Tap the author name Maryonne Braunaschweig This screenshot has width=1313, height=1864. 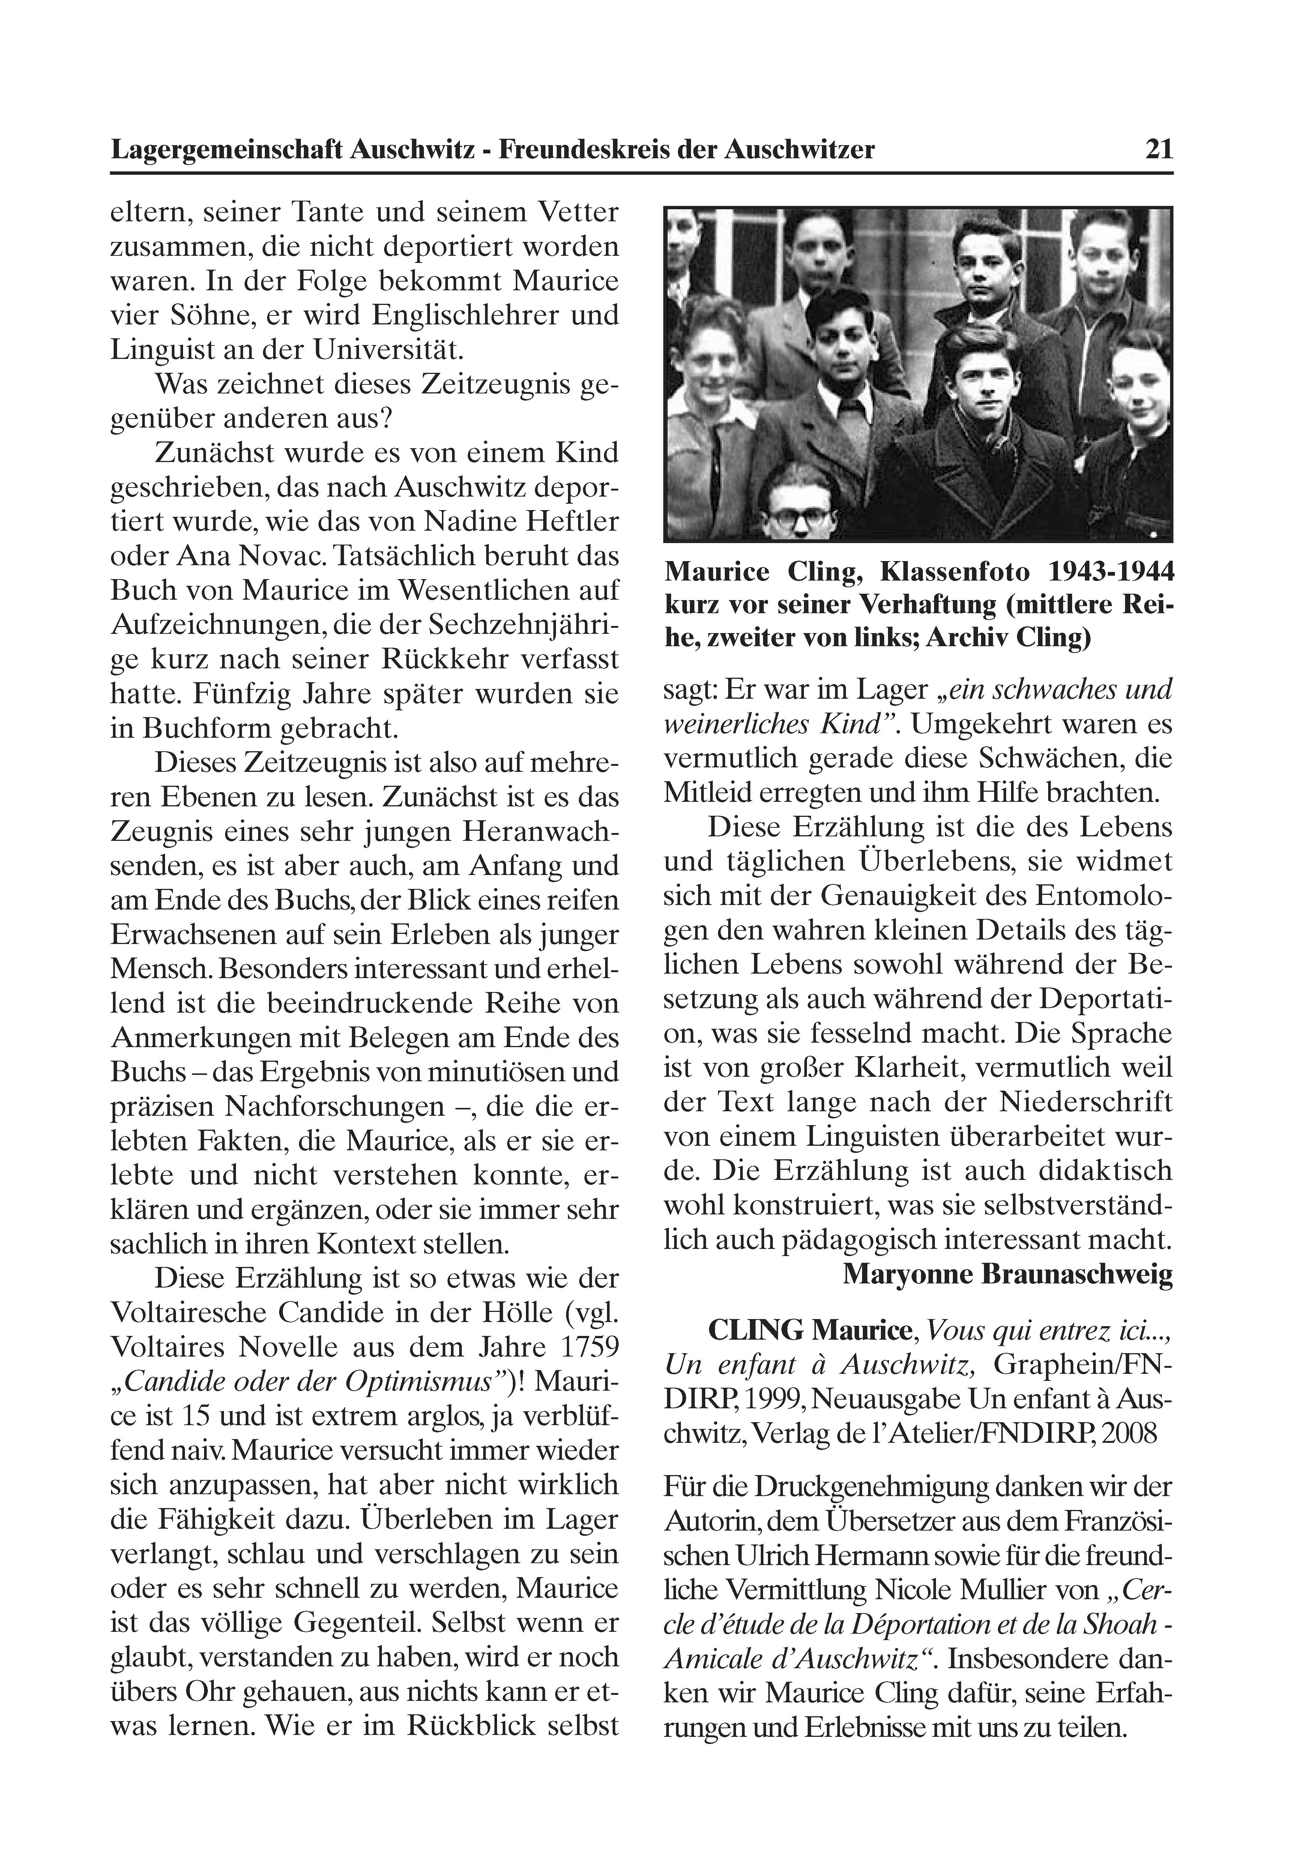[1008, 1274]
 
